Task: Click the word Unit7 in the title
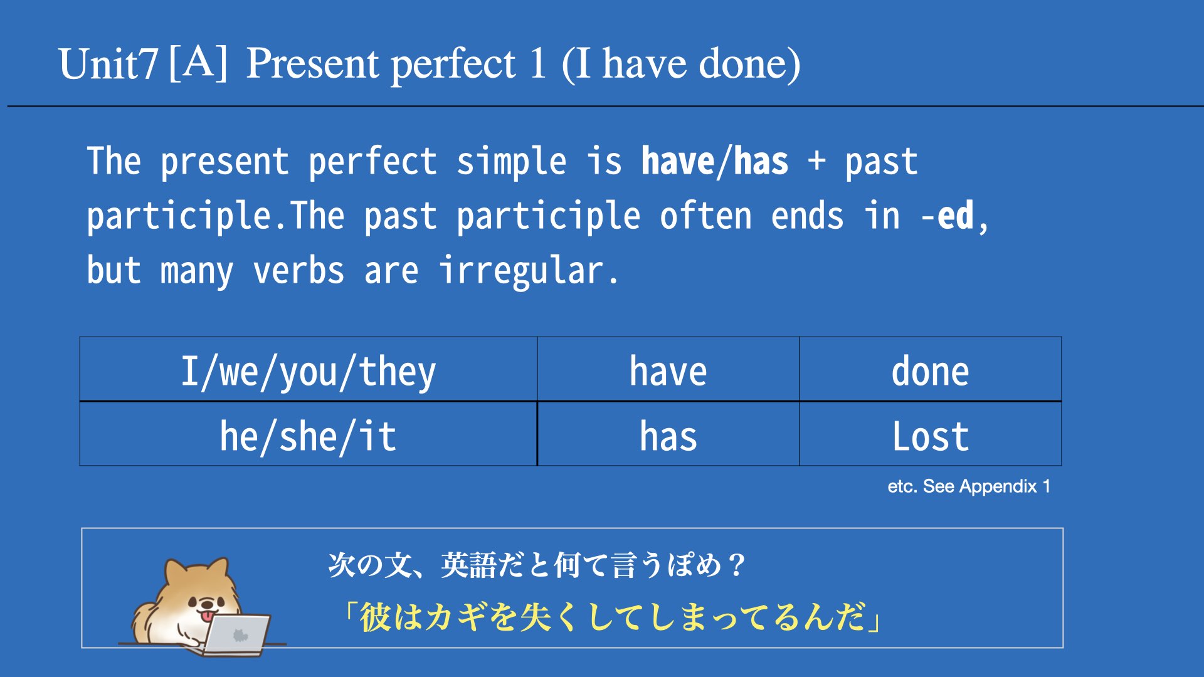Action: click(x=107, y=64)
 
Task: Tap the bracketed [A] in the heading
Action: click(x=198, y=63)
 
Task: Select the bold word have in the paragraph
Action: click(x=677, y=161)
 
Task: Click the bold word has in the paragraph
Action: click(x=761, y=161)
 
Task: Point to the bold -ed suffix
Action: click(x=948, y=216)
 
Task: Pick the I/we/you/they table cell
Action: click(x=309, y=369)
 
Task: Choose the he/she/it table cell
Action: click(x=309, y=434)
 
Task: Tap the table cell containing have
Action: click(x=668, y=369)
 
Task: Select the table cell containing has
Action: click(x=668, y=434)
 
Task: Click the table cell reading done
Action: click(x=931, y=369)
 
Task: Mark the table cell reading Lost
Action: click(x=931, y=434)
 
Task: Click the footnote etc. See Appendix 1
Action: click(x=969, y=486)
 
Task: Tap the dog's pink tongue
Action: click(x=206, y=617)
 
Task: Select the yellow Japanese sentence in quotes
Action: click(x=613, y=617)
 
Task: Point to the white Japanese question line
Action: click(x=537, y=565)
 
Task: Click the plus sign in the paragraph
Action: click(x=816, y=161)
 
